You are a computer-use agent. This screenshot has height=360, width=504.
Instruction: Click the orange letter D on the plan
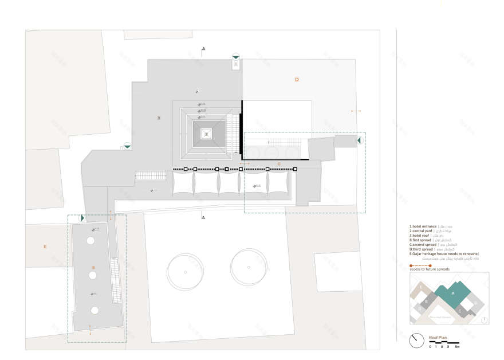point(297,79)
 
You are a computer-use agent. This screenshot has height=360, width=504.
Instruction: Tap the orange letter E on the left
point(45,246)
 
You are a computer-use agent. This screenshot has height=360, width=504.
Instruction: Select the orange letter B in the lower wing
point(93,268)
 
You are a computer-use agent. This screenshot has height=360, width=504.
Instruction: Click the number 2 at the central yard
point(206,134)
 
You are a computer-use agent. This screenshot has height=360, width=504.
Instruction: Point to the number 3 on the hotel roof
point(159,118)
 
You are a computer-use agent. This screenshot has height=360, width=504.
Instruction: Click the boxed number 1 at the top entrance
point(235,65)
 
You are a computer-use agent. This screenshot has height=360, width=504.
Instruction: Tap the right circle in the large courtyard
point(249,267)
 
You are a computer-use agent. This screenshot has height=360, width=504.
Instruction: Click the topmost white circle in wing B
point(90,241)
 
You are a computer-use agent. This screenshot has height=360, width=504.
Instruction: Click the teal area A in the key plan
point(452,293)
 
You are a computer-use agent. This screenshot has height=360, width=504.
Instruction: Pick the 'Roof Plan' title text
point(438,338)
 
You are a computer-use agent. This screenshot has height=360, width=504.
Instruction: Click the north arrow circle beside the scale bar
point(416,340)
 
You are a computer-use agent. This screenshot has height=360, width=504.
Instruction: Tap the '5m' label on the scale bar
point(456,347)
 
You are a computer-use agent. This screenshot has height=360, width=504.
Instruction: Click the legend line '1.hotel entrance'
point(424,227)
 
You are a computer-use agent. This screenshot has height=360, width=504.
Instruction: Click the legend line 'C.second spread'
point(424,245)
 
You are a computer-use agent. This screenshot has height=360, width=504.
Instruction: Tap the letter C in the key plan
point(460,310)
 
